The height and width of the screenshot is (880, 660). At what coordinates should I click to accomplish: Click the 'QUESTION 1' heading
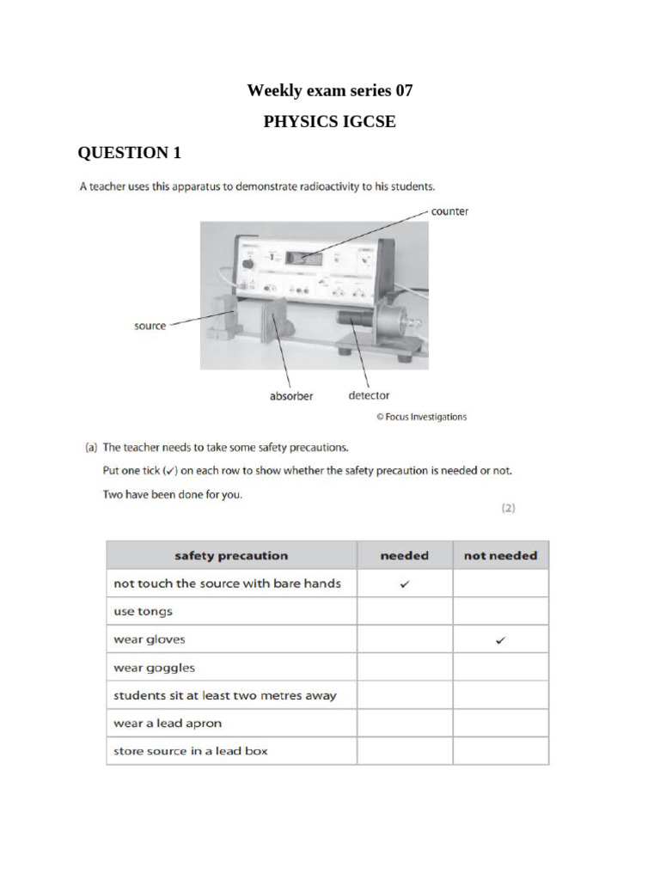[130, 153]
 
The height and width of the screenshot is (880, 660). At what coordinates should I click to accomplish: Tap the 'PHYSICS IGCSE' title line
[329, 121]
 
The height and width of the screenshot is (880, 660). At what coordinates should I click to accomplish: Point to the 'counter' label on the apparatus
[449, 211]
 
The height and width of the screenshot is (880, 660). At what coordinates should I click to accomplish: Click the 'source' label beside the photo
[150, 326]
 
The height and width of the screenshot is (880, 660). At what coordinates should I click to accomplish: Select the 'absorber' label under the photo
[291, 396]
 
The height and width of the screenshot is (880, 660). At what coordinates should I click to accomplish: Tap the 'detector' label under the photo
[368, 396]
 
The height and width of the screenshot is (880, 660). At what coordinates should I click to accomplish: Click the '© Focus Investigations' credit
[421, 417]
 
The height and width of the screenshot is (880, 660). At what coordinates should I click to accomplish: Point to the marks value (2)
[508, 508]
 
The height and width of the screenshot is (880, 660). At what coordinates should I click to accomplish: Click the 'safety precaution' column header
[231, 555]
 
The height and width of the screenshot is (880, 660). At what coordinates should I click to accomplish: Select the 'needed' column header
[404, 555]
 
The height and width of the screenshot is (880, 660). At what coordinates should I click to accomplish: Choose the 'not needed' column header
[500, 555]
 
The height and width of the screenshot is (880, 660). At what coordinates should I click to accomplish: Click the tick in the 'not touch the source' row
[405, 584]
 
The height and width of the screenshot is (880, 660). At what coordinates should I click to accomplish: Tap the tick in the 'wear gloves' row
[500, 639]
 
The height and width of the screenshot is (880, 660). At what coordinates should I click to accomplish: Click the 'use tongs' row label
[144, 611]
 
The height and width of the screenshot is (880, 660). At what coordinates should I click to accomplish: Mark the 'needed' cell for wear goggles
[405, 667]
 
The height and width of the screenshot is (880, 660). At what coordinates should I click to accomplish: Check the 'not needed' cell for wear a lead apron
[500, 723]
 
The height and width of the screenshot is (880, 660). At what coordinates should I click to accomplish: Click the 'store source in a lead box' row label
[191, 750]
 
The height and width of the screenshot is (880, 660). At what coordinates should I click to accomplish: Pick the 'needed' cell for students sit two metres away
[405, 695]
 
